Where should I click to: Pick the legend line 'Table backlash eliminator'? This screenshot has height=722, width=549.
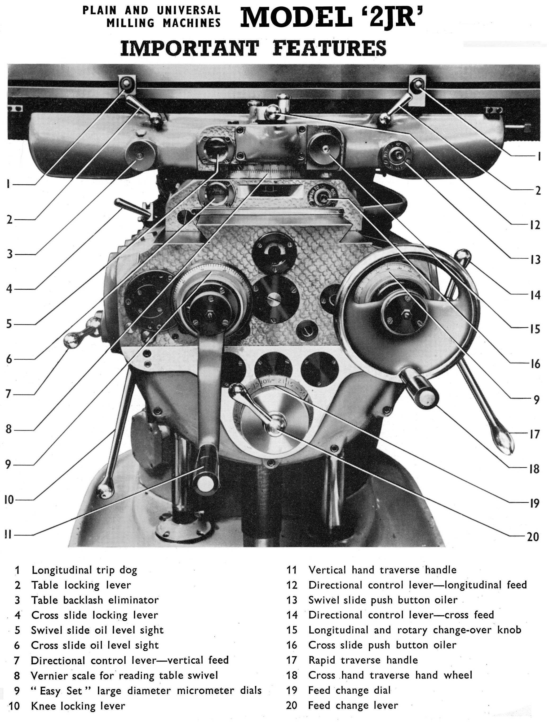[95, 600]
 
